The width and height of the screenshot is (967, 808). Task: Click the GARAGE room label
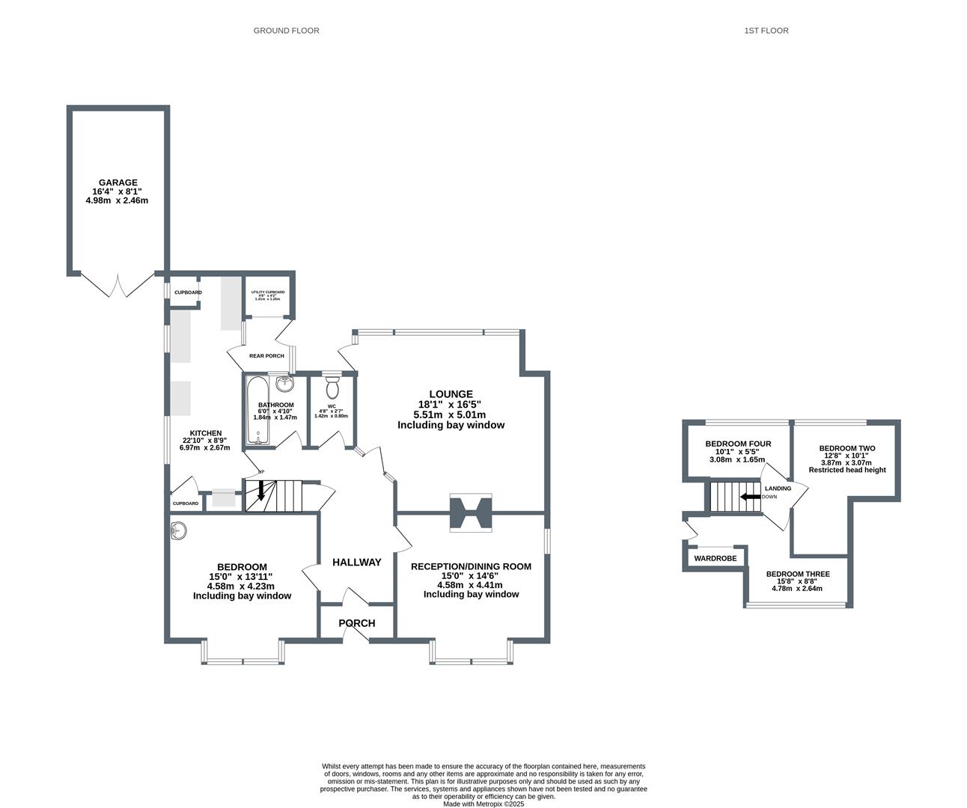click(x=118, y=183)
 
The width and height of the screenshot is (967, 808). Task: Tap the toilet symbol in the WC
click(x=332, y=388)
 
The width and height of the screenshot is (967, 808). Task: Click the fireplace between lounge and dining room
click(x=471, y=513)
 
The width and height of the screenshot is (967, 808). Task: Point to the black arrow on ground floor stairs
click(x=260, y=491)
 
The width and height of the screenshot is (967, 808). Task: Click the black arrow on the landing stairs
click(x=750, y=497)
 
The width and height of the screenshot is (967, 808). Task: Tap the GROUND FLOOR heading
click(x=286, y=31)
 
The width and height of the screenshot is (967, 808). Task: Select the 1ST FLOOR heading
click(x=766, y=31)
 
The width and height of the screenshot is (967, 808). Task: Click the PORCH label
click(x=357, y=623)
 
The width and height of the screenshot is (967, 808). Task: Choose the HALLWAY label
click(x=357, y=562)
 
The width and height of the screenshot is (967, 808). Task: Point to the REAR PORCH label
click(x=266, y=356)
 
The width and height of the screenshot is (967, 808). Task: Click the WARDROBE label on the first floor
click(x=715, y=558)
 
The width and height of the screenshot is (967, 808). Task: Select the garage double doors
click(x=118, y=285)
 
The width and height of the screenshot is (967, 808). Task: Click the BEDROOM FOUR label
click(x=738, y=444)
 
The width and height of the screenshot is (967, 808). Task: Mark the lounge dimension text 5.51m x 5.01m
click(x=450, y=414)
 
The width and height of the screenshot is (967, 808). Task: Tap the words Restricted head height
click(x=846, y=470)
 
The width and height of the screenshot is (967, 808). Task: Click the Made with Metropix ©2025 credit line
click(x=483, y=804)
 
